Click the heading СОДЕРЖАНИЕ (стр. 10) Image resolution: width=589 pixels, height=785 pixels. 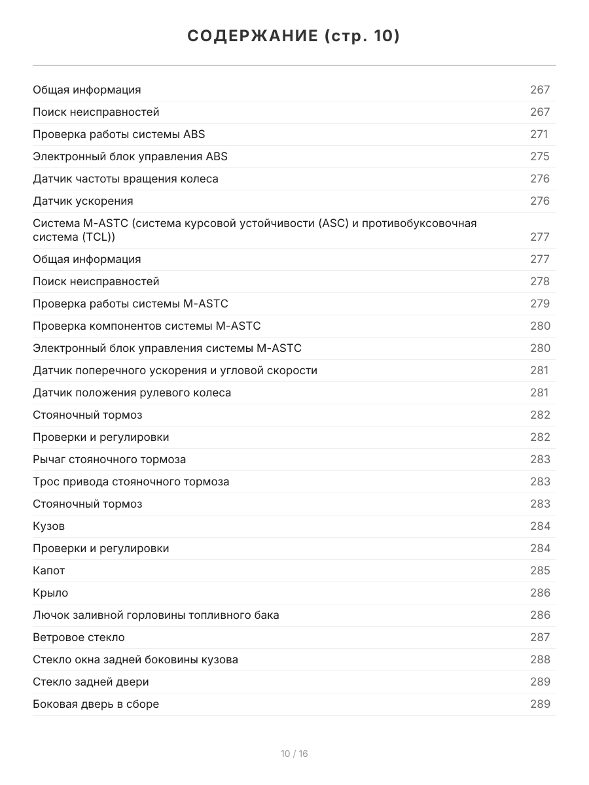pyautogui.click(x=294, y=36)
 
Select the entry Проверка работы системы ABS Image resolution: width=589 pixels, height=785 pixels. pyautogui.click(x=118, y=134)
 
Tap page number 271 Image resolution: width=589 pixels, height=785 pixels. pyautogui.click(x=539, y=134)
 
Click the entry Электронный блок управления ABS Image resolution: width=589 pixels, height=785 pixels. pyautogui.click(x=130, y=156)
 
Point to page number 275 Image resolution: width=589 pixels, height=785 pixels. pyautogui.click(x=540, y=156)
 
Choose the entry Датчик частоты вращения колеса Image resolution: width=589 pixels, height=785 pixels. pyautogui.click(x=126, y=179)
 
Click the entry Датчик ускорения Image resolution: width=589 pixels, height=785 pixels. pyautogui.click(x=83, y=201)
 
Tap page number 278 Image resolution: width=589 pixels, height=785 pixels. pyautogui.click(x=540, y=281)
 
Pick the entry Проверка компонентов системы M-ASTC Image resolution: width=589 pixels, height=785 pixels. pyautogui.click(x=147, y=326)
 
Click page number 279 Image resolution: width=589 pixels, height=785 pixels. pyautogui.click(x=540, y=304)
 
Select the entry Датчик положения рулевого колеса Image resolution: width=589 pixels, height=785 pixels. pyautogui.click(x=132, y=392)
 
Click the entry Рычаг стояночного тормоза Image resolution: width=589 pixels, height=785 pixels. pyautogui.click(x=109, y=459)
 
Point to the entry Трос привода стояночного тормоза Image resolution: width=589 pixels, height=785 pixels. pyautogui.click(x=131, y=481)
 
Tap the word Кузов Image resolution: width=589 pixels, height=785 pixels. pyautogui.click(x=49, y=526)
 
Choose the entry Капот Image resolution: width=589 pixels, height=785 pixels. pyautogui.click(x=49, y=570)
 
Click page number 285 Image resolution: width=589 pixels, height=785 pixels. pyautogui.click(x=540, y=570)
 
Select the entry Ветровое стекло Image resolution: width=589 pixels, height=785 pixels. pyautogui.click(x=79, y=637)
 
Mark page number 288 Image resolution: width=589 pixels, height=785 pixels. pyautogui.click(x=540, y=659)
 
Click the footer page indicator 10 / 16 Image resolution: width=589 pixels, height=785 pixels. pyautogui.click(x=294, y=754)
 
